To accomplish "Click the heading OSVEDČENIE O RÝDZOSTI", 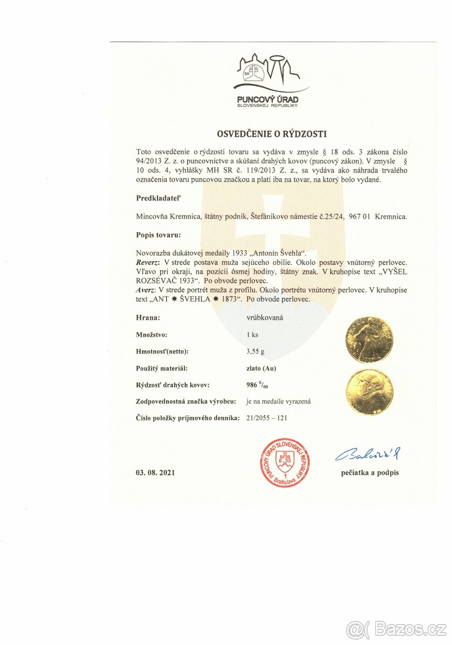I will (271, 134).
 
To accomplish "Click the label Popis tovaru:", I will (159, 235).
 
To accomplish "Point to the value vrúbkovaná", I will (265, 318).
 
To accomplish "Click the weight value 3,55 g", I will (255, 352).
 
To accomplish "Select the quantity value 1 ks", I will (252, 335).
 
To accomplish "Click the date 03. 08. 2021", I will (155, 472).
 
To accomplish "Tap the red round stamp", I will (285, 462).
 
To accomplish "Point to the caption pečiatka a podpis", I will (370, 473).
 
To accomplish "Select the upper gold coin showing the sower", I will (369, 340).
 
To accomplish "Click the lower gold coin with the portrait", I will (369, 391).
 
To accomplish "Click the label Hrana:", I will (148, 318).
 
